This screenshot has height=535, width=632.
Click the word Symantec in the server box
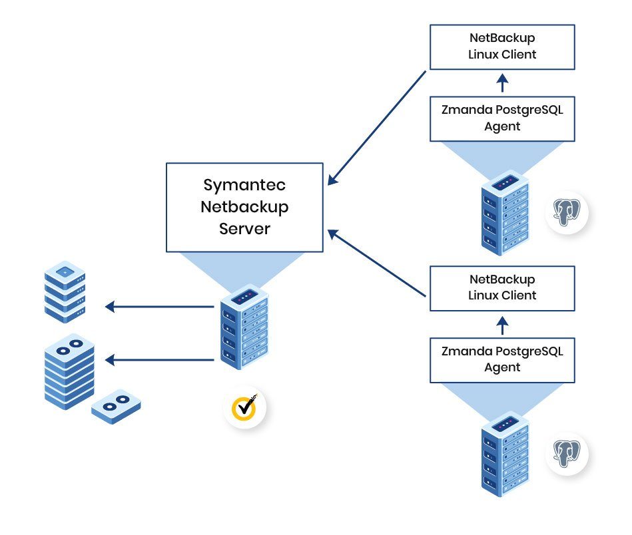[x=244, y=185]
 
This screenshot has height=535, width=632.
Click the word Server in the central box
[x=244, y=228]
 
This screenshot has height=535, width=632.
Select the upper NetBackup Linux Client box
[x=502, y=47]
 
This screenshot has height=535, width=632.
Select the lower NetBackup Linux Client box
[x=502, y=288]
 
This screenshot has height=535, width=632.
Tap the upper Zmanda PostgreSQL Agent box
[x=502, y=118]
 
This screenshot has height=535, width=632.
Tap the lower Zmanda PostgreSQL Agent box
[x=502, y=359]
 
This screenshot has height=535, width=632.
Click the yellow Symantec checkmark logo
[x=245, y=406]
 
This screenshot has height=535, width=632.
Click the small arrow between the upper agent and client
[x=503, y=83]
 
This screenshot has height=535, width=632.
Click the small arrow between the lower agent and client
[x=503, y=324]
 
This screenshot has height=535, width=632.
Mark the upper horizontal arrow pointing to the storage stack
[x=160, y=307]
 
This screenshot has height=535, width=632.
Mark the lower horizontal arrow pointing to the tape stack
[x=160, y=360]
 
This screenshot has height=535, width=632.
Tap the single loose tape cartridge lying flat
[x=117, y=405]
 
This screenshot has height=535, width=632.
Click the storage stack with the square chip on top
[x=65, y=291]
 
